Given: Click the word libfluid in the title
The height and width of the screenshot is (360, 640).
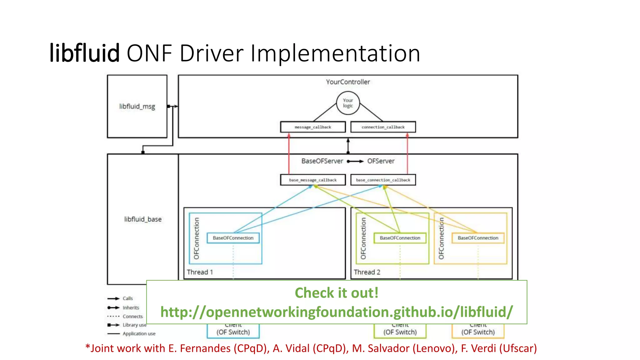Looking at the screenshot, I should pyautogui.click(x=84, y=53).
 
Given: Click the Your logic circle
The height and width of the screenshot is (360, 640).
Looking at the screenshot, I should pyautogui.click(x=348, y=103).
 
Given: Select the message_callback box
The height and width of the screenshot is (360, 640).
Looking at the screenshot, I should pyautogui.click(x=313, y=127).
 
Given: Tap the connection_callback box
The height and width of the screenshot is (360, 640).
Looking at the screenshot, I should pyautogui.click(x=383, y=127).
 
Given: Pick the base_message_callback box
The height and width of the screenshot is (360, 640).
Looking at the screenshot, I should pyautogui.click(x=313, y=180).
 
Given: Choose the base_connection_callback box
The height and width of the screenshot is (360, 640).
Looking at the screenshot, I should pyautogui.click(x=383, y=180).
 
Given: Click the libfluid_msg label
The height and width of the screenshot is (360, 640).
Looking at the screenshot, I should pyautogui.click(x=137, y=107).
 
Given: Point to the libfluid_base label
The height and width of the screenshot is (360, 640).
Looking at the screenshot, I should pyautogui.click(x=143, y=219).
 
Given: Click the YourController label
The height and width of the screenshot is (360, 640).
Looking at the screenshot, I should pyautogui.click(x=348, y=82).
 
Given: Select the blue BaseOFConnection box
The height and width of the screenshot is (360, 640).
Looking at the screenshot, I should pyautogui.click(x=233, y=238).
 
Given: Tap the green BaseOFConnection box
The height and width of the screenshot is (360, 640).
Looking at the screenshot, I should pyautogui.click(x=400, y=238).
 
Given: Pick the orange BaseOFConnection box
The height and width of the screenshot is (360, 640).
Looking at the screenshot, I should pyautogui.click(x=478, y=238).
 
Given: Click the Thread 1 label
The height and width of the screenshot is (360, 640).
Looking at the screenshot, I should pyautogui.click(x=200, y=272).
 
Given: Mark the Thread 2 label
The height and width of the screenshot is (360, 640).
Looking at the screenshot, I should pyautogui.click(x=367, y=272).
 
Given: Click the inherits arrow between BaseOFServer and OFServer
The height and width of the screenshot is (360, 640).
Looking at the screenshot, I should pyautogui.click(x=355, y=161).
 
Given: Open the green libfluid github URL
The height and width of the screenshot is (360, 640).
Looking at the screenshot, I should pyautogui.click(x=337, y=312).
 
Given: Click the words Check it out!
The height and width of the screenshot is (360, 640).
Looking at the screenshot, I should pyautogui.click(x=337, y=293).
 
